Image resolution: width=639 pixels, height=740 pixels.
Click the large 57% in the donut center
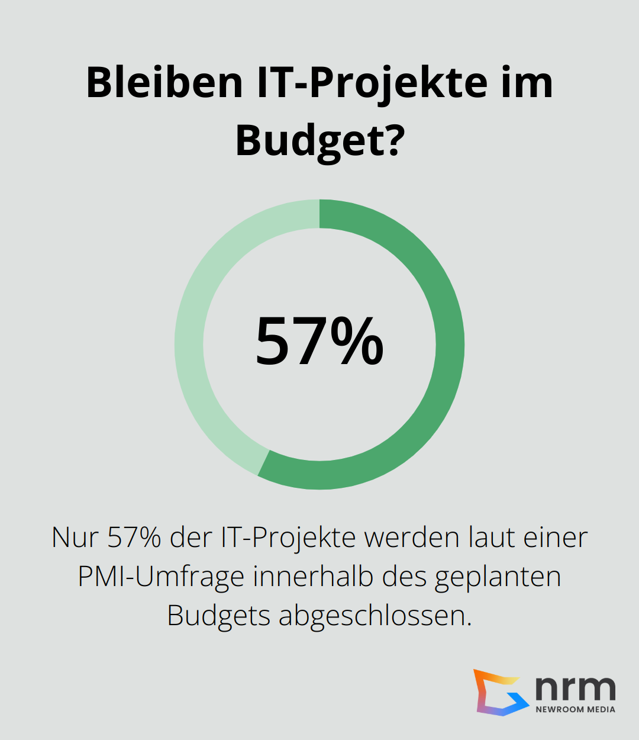(x=319, y=342)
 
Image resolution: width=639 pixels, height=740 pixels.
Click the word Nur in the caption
(x=74, y=538)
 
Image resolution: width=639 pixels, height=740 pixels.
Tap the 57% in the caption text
(x=134, y=538)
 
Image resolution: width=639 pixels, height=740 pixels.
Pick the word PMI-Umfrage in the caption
(x=161, y=577)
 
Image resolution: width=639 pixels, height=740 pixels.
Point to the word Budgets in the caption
(x=218, y=616)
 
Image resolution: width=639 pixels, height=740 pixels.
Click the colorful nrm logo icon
(x=501, y=692)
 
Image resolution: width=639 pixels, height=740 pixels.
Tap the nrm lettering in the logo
(x=575, y=688)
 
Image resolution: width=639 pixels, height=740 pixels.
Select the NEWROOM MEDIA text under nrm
(x=575, y=709)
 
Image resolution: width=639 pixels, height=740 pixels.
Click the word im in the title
(x=527, y=82)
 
